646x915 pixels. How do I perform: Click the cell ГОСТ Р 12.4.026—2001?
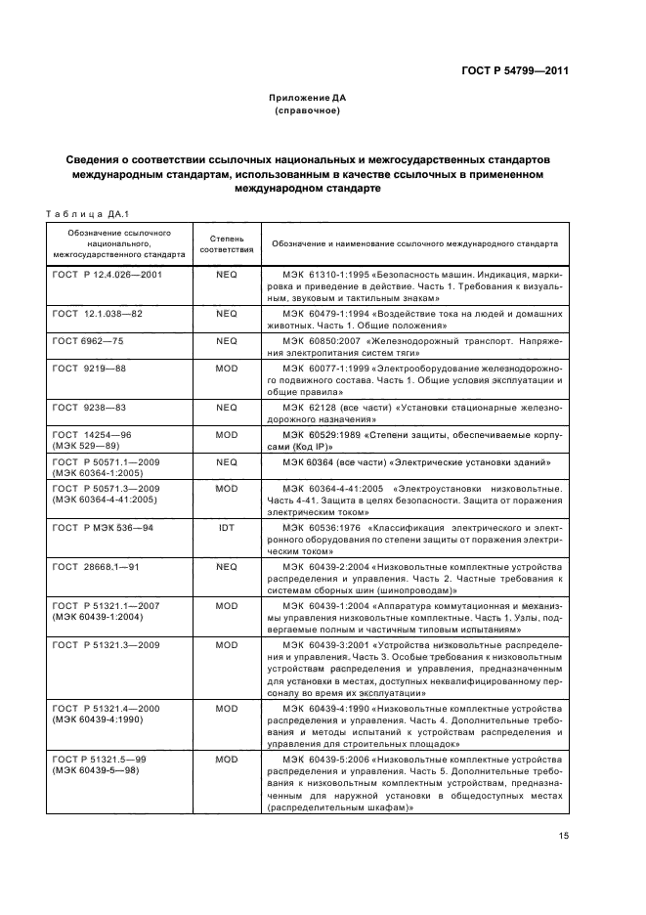point(108,275)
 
